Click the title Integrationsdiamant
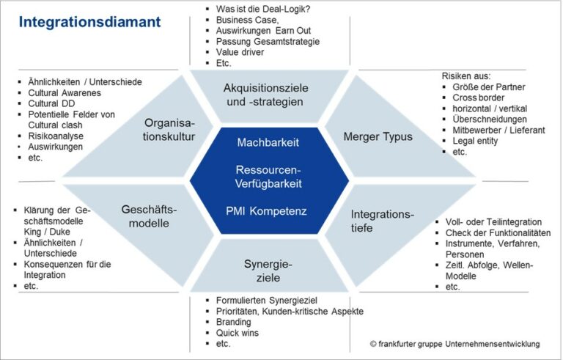click(x=89, y=22)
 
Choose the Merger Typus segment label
click(x=378, y=136)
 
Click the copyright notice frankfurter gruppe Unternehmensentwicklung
click(x=454, y=343)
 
